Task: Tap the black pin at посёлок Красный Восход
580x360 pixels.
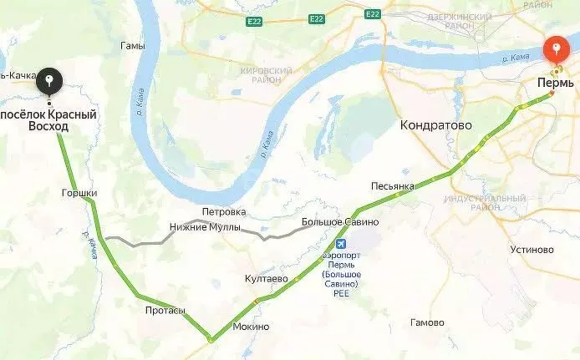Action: pos(49,82)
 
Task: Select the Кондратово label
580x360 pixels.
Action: pos(435,124)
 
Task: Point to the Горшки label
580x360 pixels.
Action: pos(79,193)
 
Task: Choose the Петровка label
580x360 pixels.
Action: pos(224,211)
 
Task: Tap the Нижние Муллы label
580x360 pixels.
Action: pos(205,227)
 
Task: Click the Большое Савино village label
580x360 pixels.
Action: pos(334,222)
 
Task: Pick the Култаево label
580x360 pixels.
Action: pos(267,277)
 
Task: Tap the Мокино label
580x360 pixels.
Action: pos(251,327)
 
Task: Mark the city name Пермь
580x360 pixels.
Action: pos(555,85)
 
